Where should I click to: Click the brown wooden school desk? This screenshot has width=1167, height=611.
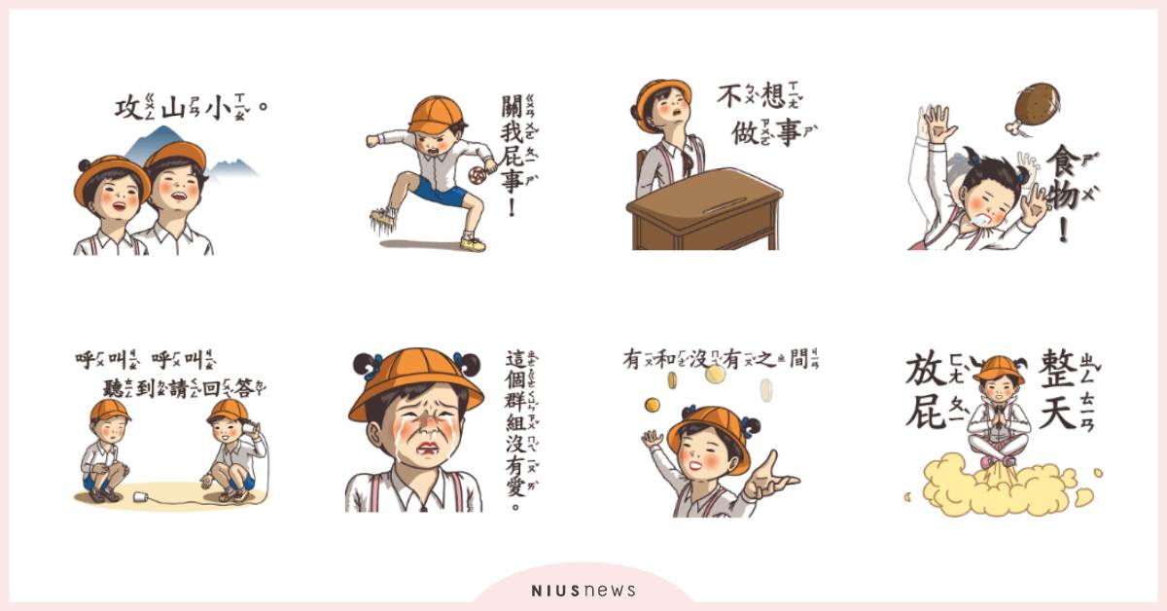(x=706, y=209)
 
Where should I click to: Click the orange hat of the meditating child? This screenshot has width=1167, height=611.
(x=998, y=368)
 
